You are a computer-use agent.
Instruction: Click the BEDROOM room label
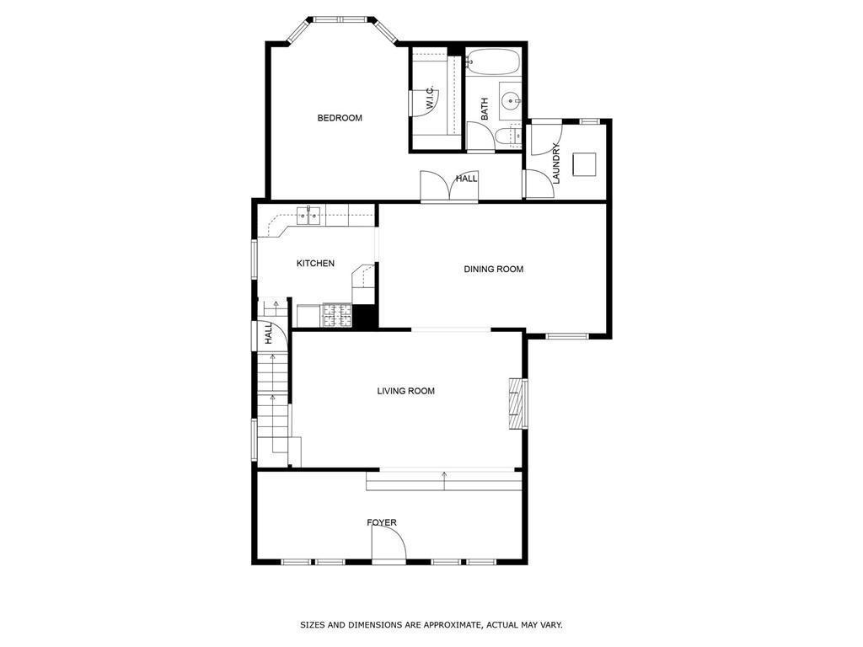tap(340, 118)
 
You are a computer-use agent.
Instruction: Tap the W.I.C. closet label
tap(430, 99)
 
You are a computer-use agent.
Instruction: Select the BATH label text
tap(485, 109)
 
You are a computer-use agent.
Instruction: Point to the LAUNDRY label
tap(556, 163)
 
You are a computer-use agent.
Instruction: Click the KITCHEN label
tap(315, 264)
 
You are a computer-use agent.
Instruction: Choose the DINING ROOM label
tap(494, 270)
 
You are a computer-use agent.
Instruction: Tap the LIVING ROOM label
tap(405, 391)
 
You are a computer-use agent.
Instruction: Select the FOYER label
tap(381, 523)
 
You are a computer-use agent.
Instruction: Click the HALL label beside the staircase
tap(269, 334)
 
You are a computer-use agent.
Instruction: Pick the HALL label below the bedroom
tap(467, 179)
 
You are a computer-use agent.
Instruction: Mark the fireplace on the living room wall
tap(517, 404)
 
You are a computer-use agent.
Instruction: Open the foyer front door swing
tap(389, 549)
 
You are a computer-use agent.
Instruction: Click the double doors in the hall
tap(449, 187)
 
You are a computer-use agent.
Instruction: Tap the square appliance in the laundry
tap(584, 163)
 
